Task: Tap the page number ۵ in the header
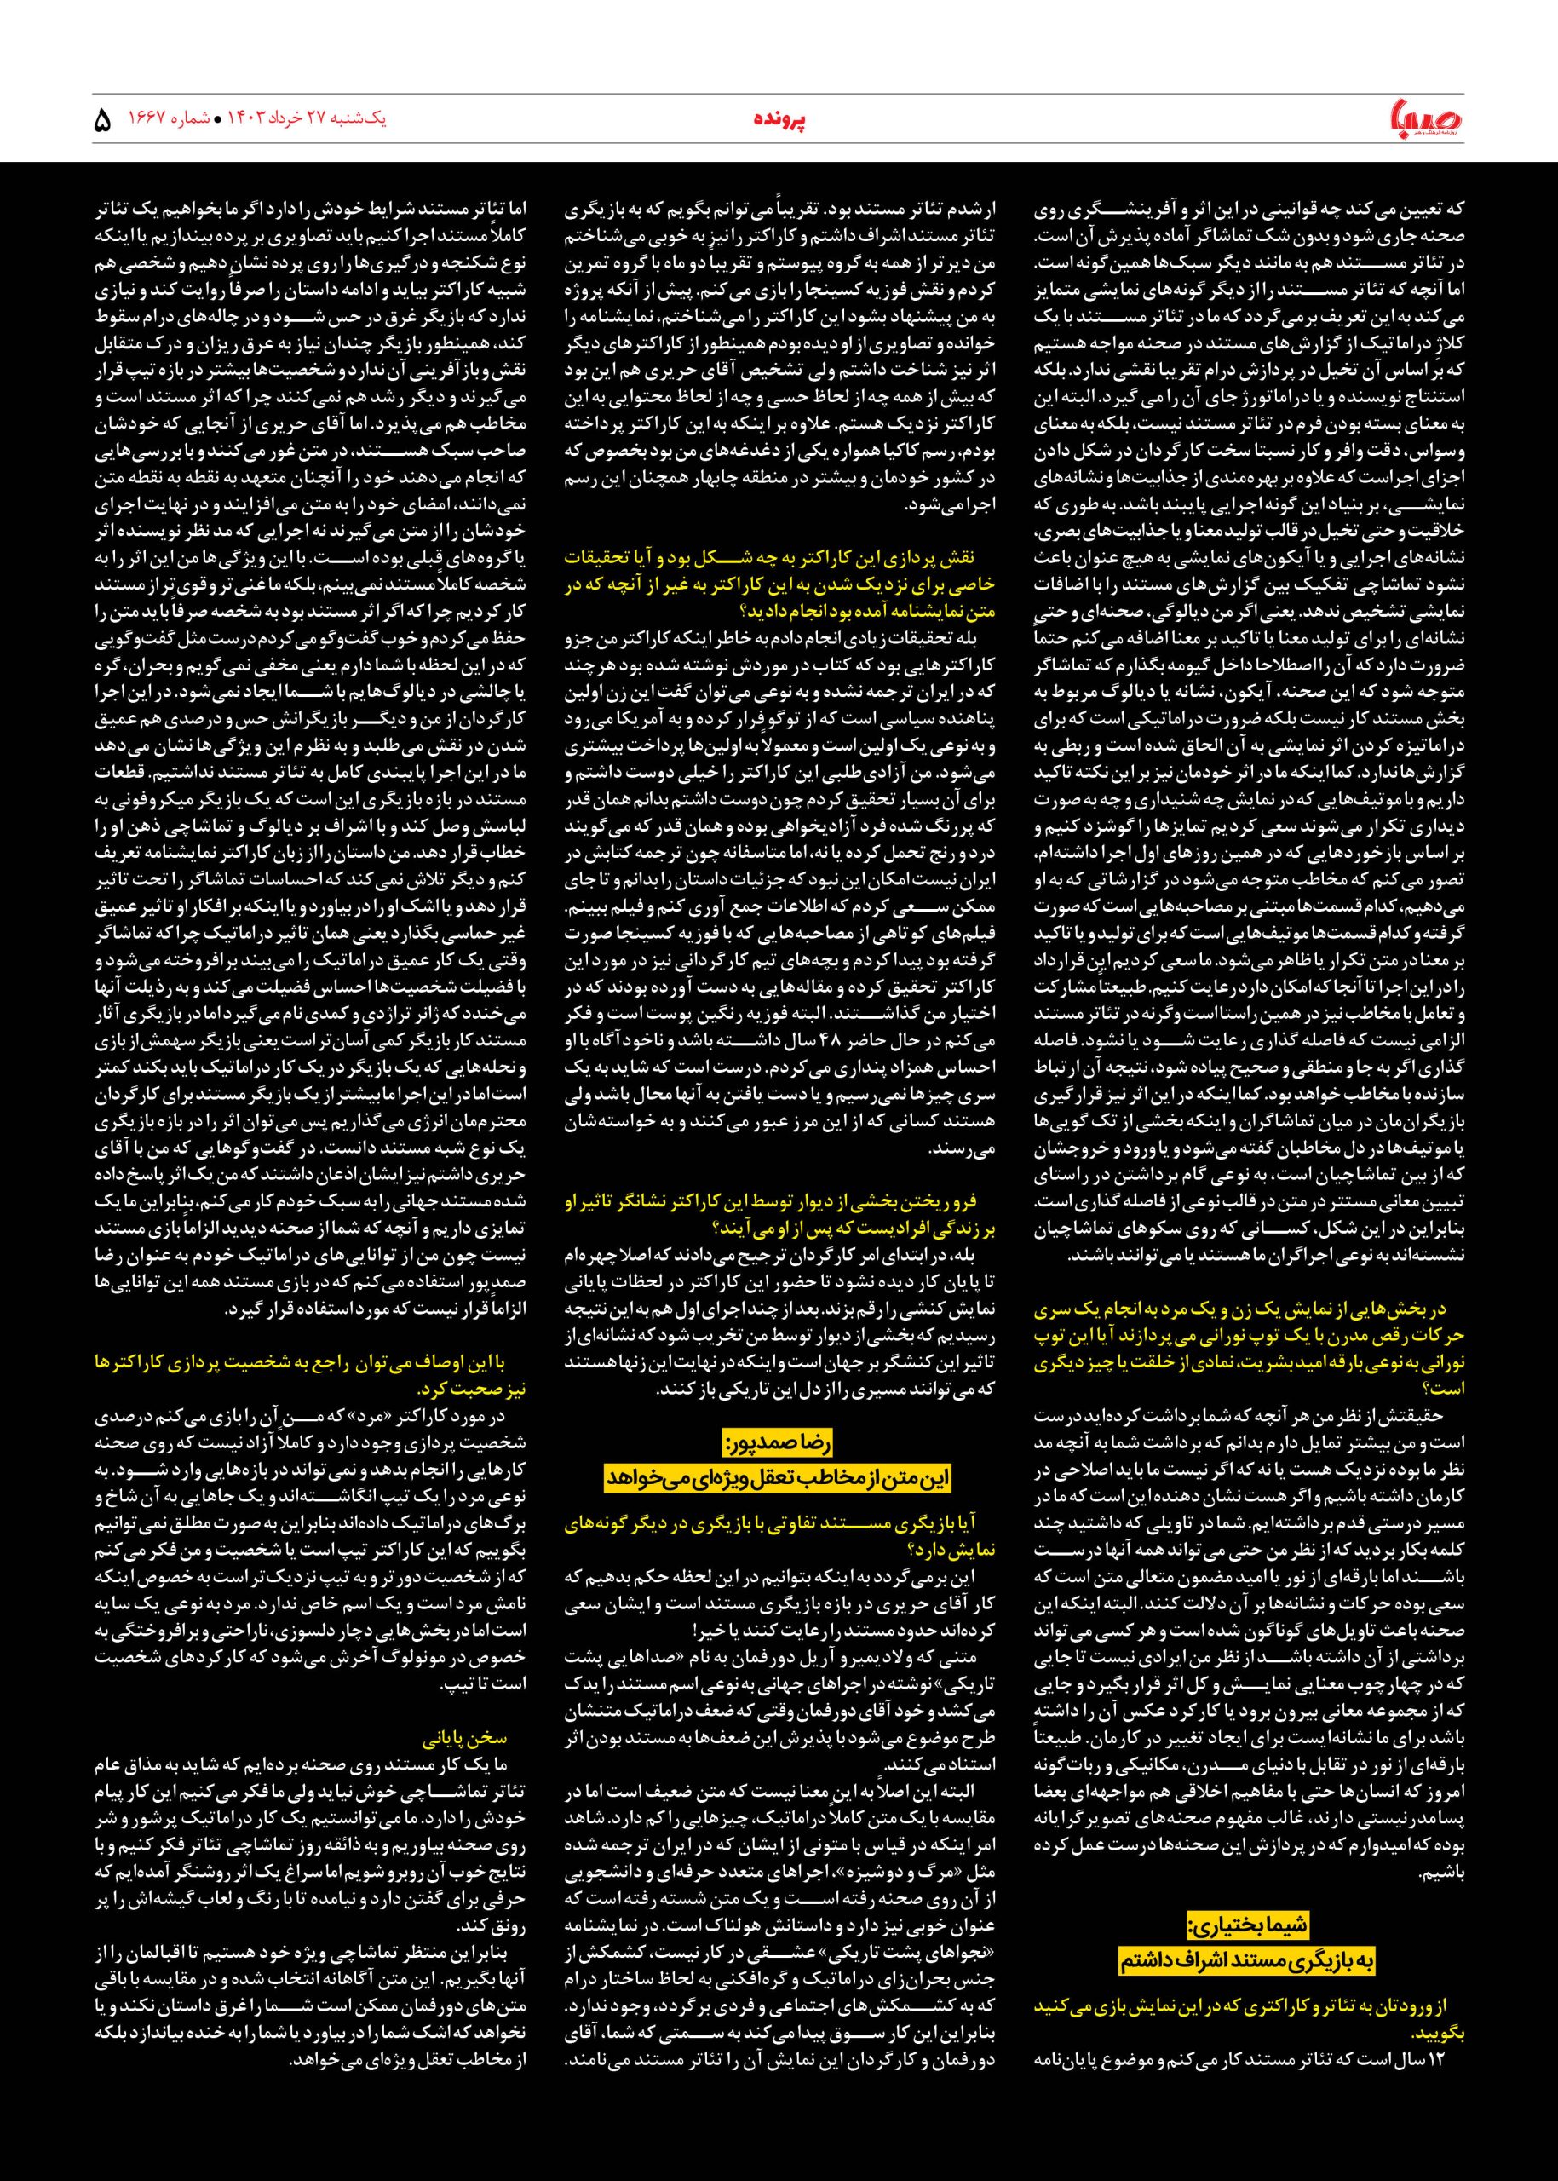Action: pos(104,122)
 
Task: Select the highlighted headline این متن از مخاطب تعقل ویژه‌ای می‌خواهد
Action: pos(777,1477)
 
